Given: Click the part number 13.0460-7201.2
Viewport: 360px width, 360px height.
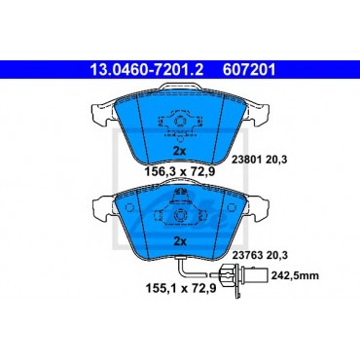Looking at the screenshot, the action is (146, 70).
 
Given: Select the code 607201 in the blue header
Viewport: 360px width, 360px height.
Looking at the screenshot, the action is (249, 70).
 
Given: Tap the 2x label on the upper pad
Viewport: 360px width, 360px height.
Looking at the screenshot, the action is (179, 152).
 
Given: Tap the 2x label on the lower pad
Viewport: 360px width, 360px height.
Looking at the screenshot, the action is (179, 241).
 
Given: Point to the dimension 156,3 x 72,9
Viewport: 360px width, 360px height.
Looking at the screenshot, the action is (180, 171).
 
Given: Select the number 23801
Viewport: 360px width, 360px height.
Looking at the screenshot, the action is (247, 160).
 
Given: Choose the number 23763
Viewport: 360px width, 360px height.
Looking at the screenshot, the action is (247, 255).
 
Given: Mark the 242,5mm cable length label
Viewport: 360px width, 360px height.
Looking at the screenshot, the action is (295, 276).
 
